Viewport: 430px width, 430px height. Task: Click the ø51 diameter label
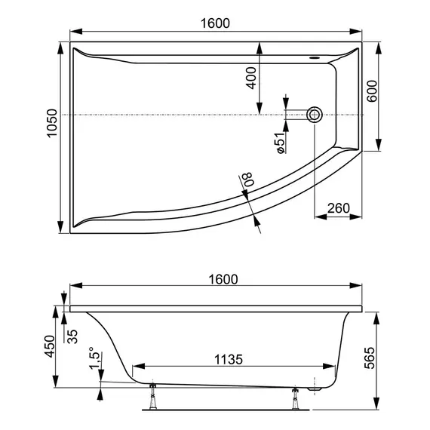tap(278, 143)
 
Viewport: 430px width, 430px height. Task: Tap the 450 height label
tap(49, 348)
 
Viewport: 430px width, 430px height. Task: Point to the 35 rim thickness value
tap(73, 335)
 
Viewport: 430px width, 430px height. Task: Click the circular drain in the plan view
tap(315, 115)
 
